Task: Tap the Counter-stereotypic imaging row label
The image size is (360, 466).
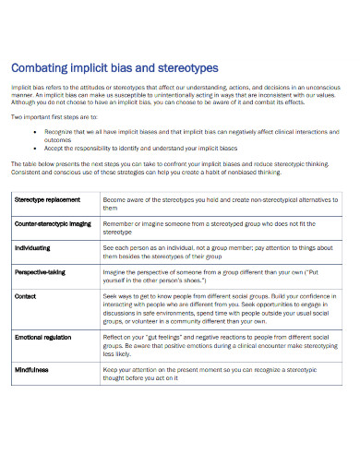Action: tap(53, 223)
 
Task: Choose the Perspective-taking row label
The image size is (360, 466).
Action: tap(42, 272)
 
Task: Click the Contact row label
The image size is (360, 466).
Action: tap(26, 296)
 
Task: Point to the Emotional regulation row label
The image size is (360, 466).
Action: tap(44, 338)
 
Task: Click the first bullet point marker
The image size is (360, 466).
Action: tap(34, 132)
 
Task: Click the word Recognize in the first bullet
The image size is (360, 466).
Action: tap(59, 132)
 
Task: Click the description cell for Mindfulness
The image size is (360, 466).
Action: tap(218, 374)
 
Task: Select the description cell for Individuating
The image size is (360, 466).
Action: tap(218, 252)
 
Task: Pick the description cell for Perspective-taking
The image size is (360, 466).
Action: tap(218, 277)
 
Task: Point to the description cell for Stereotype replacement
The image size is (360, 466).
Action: tap(218, 204)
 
